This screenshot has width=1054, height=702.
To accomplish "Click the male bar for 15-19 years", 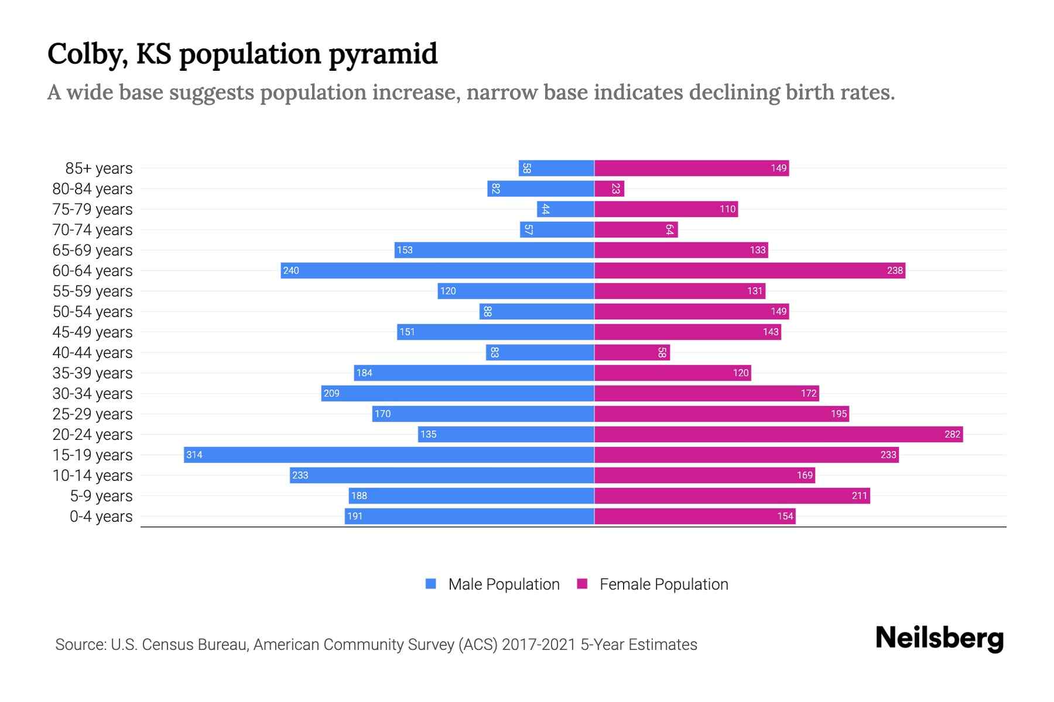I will pyautogui.click(x=389, y=455).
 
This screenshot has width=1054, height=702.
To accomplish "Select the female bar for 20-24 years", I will pyautogui.click(x=779, y=434).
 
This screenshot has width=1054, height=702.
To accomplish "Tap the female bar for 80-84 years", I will pyautogui.click(x=609, y=188).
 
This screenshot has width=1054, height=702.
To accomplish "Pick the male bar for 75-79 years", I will pyautogui.click(x=566, y=209).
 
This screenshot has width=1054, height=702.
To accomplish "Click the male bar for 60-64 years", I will pyautogui.click(x=437, y=270).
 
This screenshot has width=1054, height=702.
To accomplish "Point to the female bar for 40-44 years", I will pyautogui.click(x=632, y=352).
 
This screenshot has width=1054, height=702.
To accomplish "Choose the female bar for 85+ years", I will pyautogui.click(x=692, y=168).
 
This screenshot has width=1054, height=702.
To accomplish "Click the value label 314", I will pyautogui.click(x=194, y=455).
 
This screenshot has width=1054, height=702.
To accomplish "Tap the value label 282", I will pyautogui.click(x=952, y=434).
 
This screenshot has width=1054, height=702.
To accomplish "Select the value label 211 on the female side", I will pyautogui.click(x=859, y=495).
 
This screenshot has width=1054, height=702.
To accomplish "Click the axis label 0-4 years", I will pyautogui.click(x=101, y=517).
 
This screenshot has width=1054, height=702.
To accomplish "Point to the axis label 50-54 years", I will pyautogui.click(x=93, y=312).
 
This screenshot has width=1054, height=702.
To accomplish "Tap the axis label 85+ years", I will pyautogui.click(x=98, y=168).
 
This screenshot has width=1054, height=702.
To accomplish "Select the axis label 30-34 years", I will pyautogui.click(x=93, y=394).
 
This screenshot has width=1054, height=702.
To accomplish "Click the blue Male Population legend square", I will pyautogui.click(x=431, y=584).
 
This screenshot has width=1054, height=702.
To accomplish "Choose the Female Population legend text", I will pyautogui.click(x=663, y=584).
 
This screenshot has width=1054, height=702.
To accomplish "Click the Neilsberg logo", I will pyautogui.click(x=939, y=638).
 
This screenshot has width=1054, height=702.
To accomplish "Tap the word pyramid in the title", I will pyautogui.click(x=382, y=54).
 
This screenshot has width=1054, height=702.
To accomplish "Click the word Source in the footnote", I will pyautogui.click(x=80, y=645).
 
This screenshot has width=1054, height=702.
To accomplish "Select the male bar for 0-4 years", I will pyautogui.click(x=470, y=516).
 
